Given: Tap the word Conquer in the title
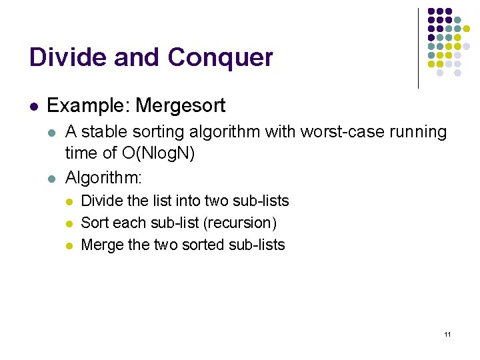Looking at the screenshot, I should pyautogui.click(x=220, y=59).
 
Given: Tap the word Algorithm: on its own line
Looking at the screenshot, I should pyautogui.click(x=103, y=177).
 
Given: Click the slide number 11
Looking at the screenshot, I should pyautogui.click(x=447, y=334).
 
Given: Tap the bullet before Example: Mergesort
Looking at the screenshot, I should pyautogui.click(x=33, y=106).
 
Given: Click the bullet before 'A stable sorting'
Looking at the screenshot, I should pyautogui.click(x=53, y=133).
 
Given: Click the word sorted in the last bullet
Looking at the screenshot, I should pyautogui.click(x=203, y=245).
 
